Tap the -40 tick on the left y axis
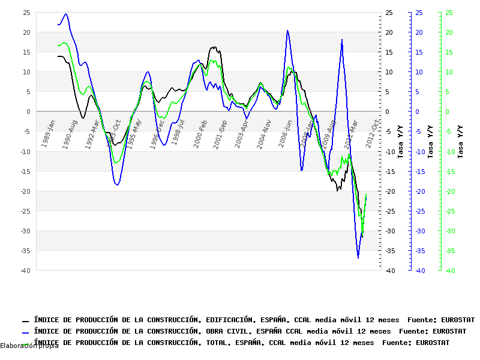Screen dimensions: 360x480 click(25, 271)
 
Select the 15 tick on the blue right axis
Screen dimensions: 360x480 click(418, 52)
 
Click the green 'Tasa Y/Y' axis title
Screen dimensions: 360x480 click(460, 142)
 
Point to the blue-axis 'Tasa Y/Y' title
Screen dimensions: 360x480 click(430, 142)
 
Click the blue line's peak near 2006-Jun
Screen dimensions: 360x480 click(287, 31)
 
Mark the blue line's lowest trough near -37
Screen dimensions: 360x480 click(358, 257)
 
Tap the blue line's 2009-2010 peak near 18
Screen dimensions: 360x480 click(342, 40)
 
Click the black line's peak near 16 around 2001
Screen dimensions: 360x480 click(214, 47)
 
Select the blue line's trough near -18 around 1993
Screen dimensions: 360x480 click(117, 185)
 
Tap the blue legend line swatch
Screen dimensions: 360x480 click(25, 332)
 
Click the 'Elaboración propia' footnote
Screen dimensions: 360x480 click(29, 346)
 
